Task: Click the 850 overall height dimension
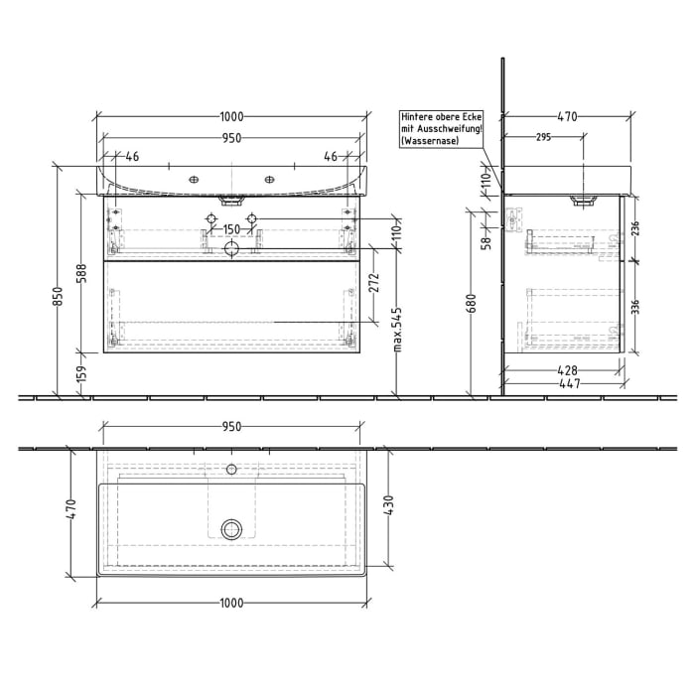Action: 59,296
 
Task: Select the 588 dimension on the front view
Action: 82,274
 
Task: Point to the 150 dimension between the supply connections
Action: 230,229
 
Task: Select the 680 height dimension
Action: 472,302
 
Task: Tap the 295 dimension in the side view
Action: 543,138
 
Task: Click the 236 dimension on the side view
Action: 636,228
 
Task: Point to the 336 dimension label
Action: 636,305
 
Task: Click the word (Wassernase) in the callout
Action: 427,143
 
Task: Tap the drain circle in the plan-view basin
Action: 231,528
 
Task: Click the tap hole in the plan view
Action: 231,467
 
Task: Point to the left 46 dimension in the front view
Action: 131,156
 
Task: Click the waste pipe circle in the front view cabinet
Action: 231,248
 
